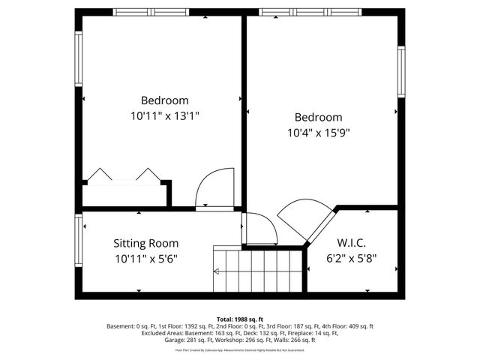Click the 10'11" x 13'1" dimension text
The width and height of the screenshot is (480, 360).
point(164,116)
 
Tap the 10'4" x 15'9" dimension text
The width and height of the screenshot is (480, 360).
point(318,133)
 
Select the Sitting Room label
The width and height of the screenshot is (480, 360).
point(145,243)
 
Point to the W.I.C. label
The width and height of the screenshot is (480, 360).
point(352,243)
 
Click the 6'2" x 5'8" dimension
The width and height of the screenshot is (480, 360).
point(352,259)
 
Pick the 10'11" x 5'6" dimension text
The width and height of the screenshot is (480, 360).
point(145,259)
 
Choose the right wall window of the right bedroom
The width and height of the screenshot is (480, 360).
point(401,72)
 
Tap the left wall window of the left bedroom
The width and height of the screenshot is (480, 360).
point(78,59)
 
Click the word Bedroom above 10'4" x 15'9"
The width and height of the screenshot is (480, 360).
point(318,118)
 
